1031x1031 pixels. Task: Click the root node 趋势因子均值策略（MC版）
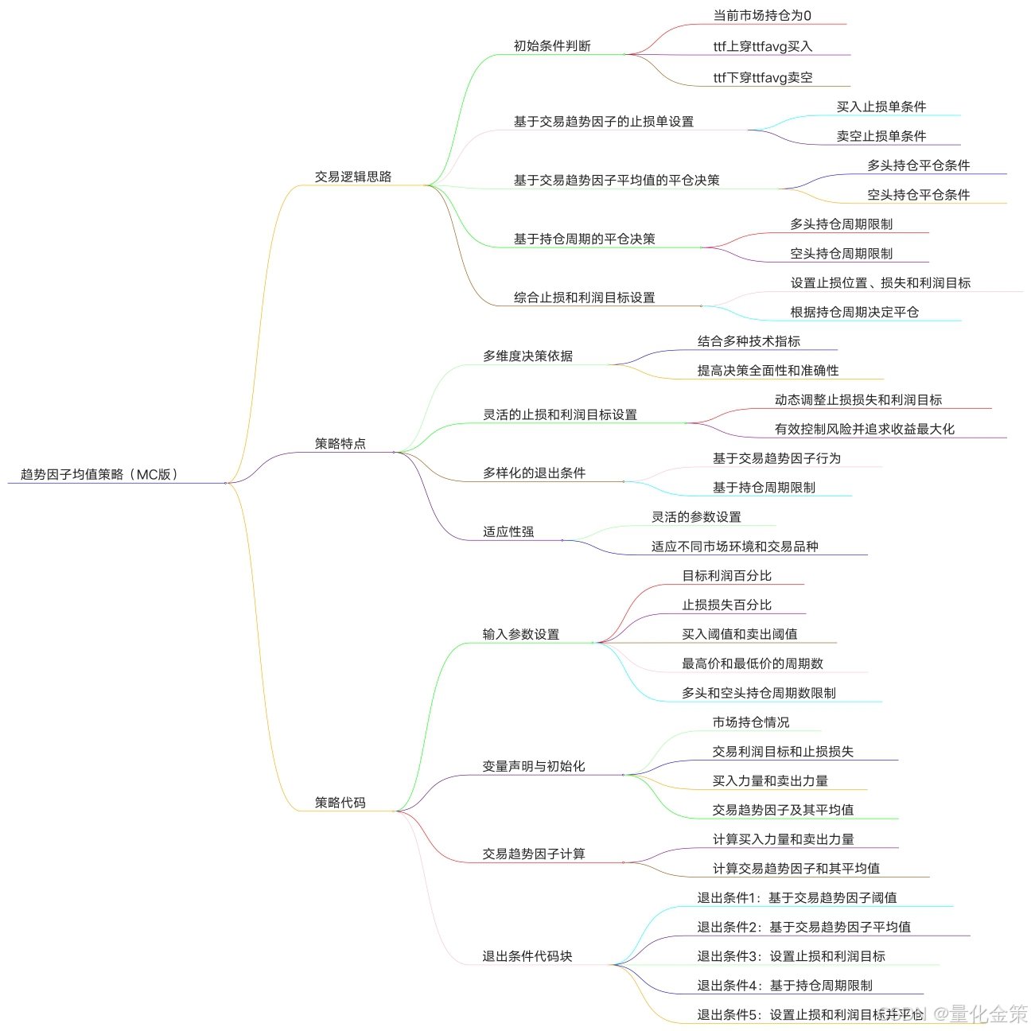click(x=99, y=474)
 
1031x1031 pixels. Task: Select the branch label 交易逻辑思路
click(x=353, y=177)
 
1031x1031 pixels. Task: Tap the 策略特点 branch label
click(x=340, y=443)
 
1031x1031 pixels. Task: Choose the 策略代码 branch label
click(x=340, y=802)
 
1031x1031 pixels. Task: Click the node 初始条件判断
click(x=552, y=46)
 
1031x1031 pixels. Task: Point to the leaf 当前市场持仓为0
click(x=762, y=15)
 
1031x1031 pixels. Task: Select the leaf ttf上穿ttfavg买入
click(x=762, y=46)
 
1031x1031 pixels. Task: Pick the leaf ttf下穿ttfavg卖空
click(x=762, y=77)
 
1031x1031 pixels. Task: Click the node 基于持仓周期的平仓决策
click(x=584, y=239)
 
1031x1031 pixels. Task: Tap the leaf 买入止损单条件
click(x=881, y=107)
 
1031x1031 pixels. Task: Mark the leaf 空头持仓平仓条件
click(x=918, y=194)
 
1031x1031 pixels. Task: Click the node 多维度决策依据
click(x=527, y=356)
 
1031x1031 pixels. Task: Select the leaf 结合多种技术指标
click(x=749, y=341)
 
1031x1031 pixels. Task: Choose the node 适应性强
click(x=508, y=531)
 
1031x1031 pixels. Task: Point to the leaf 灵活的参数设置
click(x=696, y=517)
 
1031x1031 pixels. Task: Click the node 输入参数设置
click(x=520, y=634)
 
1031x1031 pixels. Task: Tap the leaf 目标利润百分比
click(x=726, y=575)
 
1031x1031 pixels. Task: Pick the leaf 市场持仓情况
click(x=750, y=722)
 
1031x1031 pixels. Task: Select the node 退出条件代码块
click(x=527, y=956)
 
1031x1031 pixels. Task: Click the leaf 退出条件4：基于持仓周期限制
click(x=784, y=986)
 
